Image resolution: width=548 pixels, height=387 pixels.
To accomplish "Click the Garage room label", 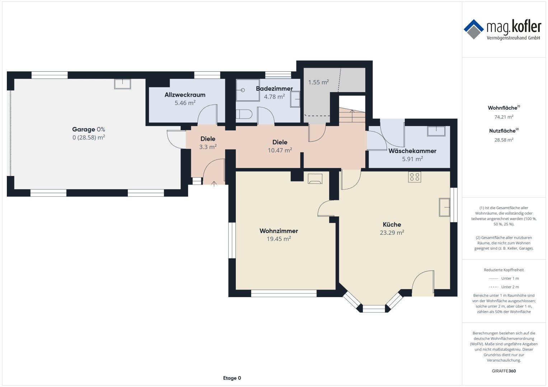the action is pos(83,129).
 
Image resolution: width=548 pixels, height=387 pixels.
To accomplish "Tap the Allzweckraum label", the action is pos(185,95).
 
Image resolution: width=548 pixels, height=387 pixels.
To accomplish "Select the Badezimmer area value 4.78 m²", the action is pos(274,96).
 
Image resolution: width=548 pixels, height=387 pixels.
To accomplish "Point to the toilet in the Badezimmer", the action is pos(244,114).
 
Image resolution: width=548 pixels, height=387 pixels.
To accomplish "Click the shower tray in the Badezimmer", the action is pos(248,90).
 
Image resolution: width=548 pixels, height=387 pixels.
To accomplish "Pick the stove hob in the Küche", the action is pos(414,177).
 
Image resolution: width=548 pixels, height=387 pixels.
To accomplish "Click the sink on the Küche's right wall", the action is pos(445,207).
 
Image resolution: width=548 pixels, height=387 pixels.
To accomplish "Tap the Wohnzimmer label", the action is pos(278,231).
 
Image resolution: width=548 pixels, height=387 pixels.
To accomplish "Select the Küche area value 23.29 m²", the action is pos(392,232).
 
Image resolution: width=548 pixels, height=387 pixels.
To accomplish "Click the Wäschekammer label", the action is pos(412,151).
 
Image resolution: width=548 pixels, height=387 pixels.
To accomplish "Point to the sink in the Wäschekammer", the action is pos(436,131).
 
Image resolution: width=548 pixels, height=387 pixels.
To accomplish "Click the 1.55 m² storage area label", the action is pos(318,82).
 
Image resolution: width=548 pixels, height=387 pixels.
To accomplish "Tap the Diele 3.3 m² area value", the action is pos(208,147).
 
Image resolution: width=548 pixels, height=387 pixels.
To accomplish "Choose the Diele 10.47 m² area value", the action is pos(280,150).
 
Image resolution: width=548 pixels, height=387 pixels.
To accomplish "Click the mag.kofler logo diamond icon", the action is pos(474,29).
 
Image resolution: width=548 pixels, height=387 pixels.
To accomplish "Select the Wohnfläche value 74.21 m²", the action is pos(504,117).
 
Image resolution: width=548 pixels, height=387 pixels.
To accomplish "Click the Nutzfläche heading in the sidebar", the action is pos(504,130).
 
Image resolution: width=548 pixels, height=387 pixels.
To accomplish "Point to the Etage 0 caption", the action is pos(232,378).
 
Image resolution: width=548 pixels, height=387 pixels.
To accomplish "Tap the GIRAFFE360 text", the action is pos(504,371).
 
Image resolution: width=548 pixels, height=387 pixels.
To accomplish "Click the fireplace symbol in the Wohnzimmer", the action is pos(315,178).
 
